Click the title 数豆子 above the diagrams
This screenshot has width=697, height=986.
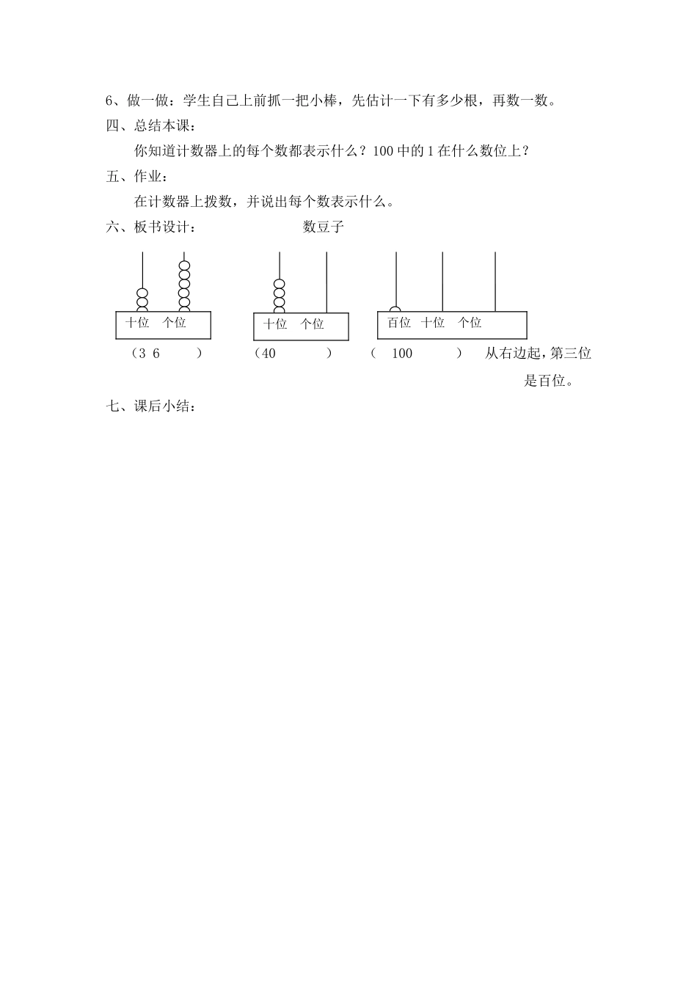point(324,227)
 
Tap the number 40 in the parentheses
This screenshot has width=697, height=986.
point(269,353)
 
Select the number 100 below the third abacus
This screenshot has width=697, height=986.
point(402,353)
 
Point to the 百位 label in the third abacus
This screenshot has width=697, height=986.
point(399,322)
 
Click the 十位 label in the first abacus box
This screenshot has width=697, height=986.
point(137,322)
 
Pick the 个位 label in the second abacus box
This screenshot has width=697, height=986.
point(313,324)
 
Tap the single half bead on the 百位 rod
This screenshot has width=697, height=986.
point(395,309)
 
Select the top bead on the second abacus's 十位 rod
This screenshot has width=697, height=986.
point(280,284)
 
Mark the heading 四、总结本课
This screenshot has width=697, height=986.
point(146,125)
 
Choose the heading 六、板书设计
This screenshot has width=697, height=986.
point(152,227)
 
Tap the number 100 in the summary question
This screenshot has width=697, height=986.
point(384,151)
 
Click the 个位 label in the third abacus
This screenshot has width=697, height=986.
point(470,322)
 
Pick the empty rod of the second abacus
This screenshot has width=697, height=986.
point(326,282)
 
